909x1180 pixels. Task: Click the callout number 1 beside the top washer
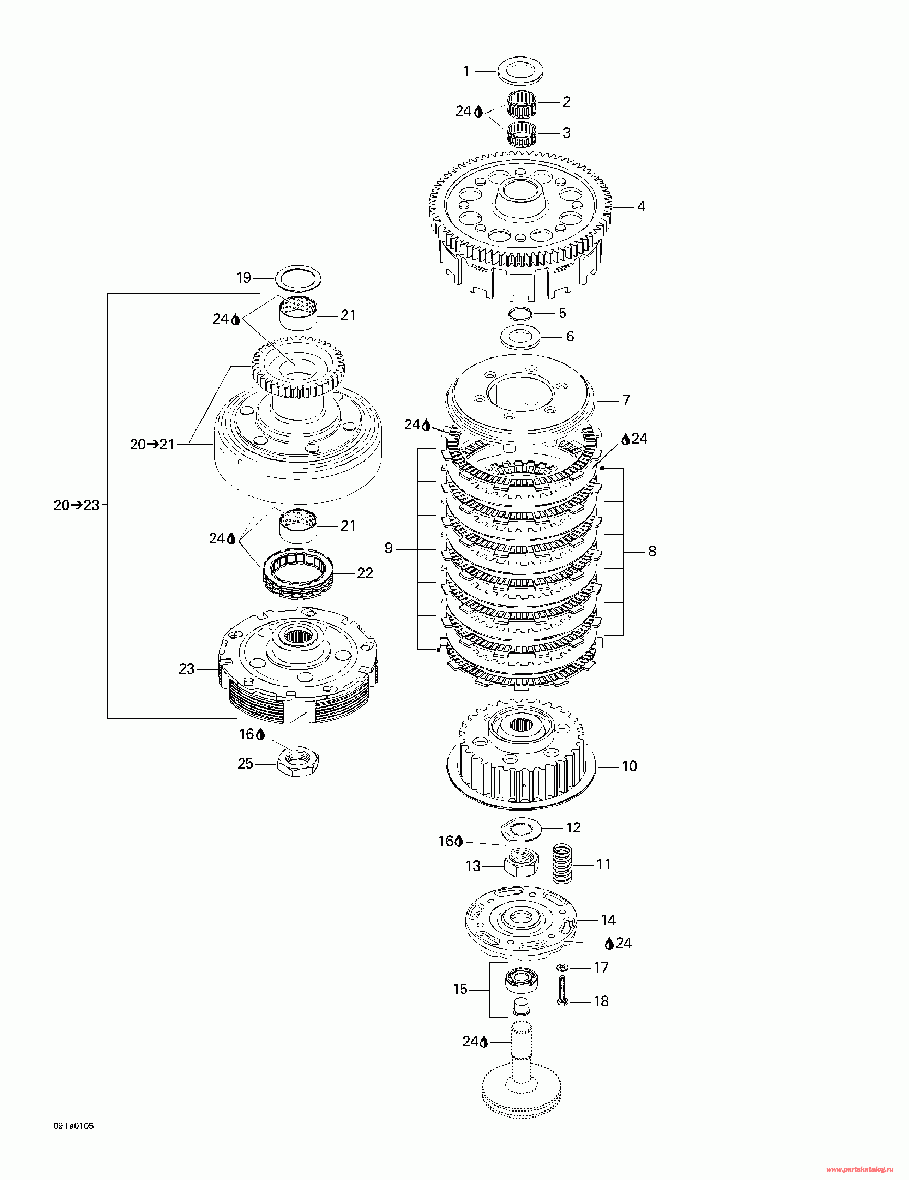point(467,71)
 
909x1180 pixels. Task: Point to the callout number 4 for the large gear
point(641,207)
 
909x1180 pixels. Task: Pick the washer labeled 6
point(520,337)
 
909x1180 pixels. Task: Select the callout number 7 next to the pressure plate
point(626,401)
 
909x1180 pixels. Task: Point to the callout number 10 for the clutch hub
point(630,766)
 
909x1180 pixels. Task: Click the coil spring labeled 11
point(562,865)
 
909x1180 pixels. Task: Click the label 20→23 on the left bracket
point(76,505)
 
